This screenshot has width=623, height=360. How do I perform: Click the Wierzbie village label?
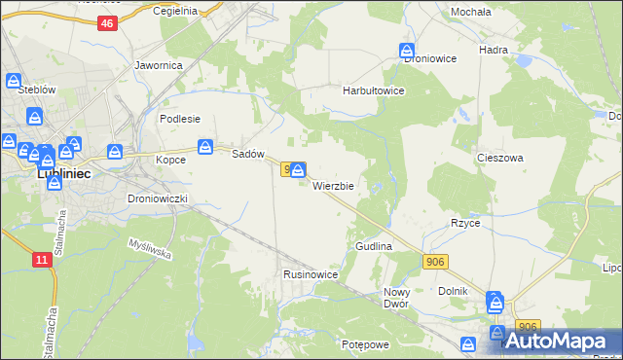[x=339, y=185]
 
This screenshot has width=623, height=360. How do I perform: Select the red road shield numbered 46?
[x=106, y=23]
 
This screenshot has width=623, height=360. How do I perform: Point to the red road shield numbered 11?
[x=41, y=260]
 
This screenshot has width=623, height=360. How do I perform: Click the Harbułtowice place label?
[x=373, y=90]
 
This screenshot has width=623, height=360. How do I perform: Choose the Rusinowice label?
[x=311, y=274]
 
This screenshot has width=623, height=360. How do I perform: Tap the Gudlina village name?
[x=374, y=247]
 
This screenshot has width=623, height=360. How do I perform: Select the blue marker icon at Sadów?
[x=205, y=147]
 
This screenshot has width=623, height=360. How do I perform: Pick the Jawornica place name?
[x=160, y=66]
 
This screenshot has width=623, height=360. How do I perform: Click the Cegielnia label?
[x=175, y=11]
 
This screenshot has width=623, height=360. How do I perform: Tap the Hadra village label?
[x=495, y=48]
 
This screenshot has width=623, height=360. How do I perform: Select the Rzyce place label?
[x=465, y=223]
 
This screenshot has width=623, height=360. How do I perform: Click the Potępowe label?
[x=365, y=345]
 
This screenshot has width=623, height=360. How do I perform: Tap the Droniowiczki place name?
[x=164, y=198]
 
